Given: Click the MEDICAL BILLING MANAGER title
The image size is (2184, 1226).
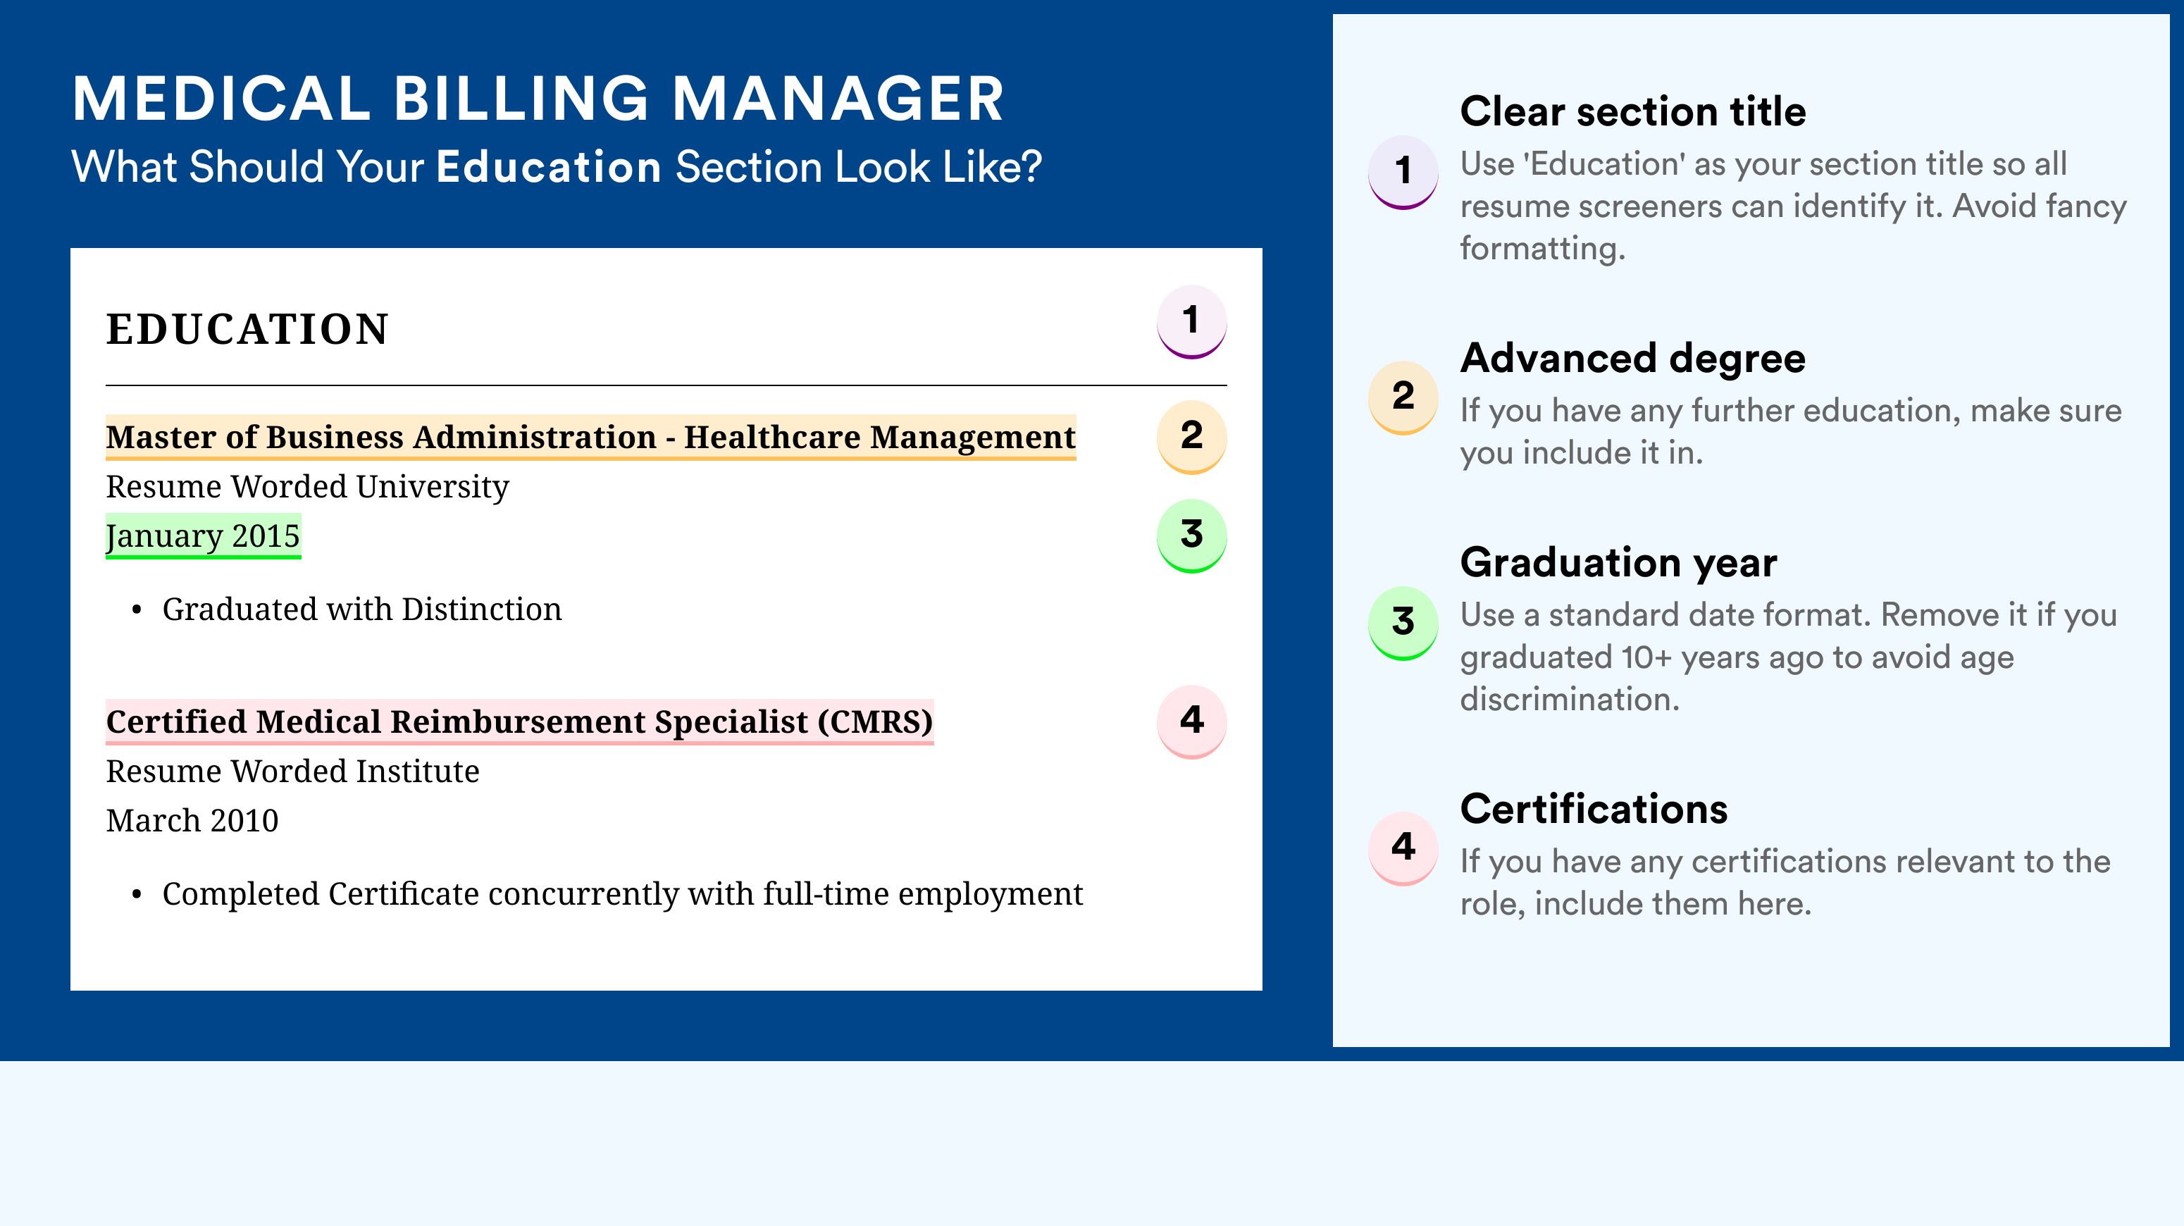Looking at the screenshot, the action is [538, 99].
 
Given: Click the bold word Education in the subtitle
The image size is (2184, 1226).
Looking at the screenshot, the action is [549, 166].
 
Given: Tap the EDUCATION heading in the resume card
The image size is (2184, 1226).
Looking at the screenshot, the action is [247, 329].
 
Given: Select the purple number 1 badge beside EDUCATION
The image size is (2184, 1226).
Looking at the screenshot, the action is [1191, 322].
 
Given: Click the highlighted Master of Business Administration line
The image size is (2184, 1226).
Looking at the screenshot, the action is [591, 438].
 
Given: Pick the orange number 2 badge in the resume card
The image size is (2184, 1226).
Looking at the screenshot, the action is [1191, 437].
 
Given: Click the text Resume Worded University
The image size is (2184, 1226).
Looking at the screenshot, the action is [307, 487].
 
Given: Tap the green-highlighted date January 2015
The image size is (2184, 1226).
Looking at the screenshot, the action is [203, 535].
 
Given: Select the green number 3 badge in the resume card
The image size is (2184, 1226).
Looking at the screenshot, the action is [1191, 535].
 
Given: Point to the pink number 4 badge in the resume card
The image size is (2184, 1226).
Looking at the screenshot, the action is [1191, 722].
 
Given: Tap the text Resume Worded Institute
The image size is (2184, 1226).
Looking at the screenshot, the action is [292, 772].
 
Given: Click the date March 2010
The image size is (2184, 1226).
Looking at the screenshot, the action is [192, 821].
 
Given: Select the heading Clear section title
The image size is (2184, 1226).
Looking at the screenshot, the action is [1633, 111].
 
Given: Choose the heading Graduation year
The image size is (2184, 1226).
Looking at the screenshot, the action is [1618, 563].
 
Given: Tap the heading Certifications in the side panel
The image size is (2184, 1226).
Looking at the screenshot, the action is [1594, 809].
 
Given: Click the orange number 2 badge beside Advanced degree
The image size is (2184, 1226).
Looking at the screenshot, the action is [1403, 397].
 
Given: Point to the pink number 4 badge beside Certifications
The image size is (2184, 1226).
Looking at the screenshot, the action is [1403, 848].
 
